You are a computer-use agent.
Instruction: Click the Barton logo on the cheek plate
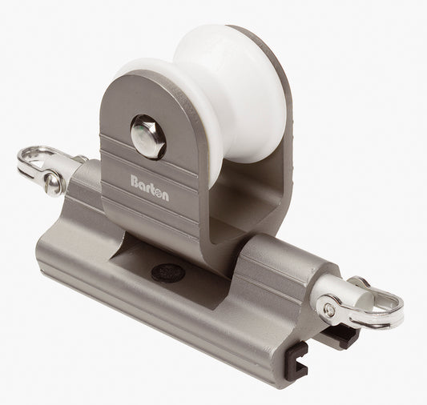click(149, 182)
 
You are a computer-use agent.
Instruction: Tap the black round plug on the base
click(167, 272)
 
